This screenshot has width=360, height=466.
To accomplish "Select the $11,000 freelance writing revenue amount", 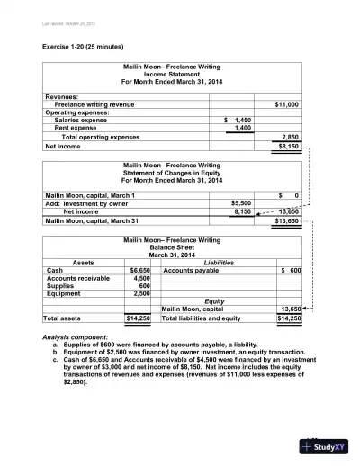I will tap(285, 104).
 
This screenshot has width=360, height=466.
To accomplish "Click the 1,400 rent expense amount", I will tap(241, 128).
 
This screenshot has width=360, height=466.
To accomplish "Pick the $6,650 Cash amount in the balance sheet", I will tap(139, 270).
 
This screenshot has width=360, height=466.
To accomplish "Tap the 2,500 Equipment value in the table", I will tap(141, 294).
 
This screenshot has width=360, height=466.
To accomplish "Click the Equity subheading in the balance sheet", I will tap(215, 301).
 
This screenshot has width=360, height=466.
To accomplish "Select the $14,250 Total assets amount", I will tap(138, 318).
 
